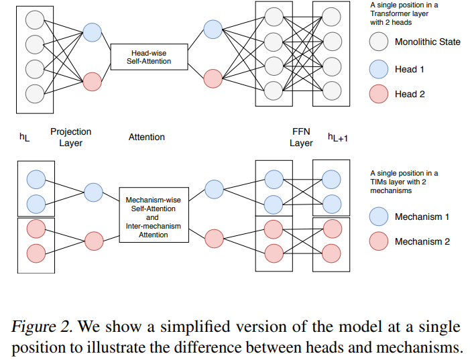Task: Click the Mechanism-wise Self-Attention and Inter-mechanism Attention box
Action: coord(153,215)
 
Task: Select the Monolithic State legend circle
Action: coord(379,42)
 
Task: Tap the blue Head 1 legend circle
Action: coord(379,69)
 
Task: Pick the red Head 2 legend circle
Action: coord(379,95)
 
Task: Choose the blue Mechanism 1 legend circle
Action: coord(379,217)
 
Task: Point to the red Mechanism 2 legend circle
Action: coord(379,241)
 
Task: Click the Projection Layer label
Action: coord(70,137)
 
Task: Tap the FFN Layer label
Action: coord(301,137)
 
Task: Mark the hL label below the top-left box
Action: coord(25,137)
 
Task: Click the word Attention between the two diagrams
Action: coord(147,137)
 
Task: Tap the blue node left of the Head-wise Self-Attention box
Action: coord(93,32)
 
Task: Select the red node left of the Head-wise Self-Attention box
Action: coord(93,82)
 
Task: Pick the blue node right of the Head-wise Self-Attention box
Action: coord(213,29)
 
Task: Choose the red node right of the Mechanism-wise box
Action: coord(213,237)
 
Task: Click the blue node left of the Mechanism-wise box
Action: coord(93,192)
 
